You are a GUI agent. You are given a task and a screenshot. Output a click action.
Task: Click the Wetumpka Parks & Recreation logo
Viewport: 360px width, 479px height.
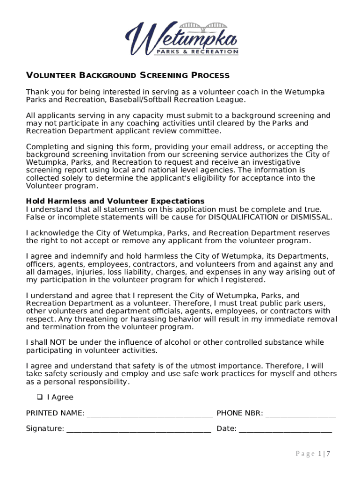[181, 39]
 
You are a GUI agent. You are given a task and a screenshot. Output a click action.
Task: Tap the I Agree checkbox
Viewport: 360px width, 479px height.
[39, 397]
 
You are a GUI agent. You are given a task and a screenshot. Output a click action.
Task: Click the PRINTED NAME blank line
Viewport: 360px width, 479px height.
[150, 414]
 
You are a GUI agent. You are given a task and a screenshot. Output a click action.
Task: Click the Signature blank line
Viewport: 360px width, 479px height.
[138, 428]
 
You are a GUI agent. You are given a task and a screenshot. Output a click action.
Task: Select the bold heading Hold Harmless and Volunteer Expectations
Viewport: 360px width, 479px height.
[115, 201]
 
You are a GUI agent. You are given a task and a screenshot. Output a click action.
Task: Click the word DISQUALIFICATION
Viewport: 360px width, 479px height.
[243, 217]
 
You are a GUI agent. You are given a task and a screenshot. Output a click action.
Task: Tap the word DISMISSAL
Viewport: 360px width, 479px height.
[311, 217]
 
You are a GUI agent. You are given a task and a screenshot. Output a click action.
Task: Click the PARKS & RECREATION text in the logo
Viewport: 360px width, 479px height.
[197, 51]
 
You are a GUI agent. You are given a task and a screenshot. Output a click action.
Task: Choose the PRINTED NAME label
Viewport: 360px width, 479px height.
[55, 413]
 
